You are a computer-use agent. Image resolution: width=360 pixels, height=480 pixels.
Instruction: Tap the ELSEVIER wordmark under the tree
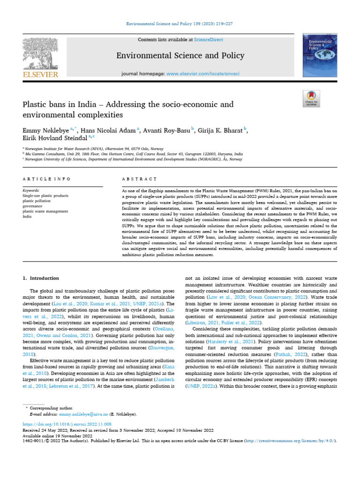41,74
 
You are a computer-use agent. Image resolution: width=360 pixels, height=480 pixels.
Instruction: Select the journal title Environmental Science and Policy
180,56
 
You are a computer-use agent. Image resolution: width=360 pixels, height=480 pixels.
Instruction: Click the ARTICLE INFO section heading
46,179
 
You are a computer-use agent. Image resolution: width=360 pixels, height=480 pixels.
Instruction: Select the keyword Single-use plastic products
45,195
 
